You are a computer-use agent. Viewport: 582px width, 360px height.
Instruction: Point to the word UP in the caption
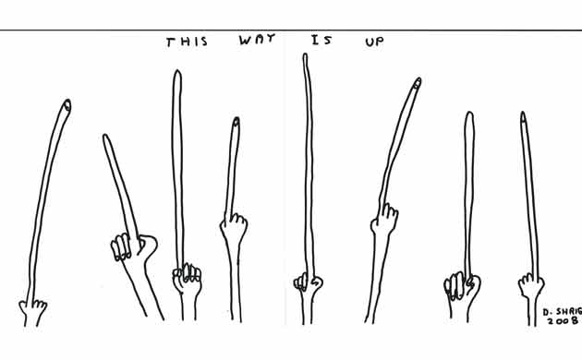(374, 42)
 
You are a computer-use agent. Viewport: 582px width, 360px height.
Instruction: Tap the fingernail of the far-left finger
(67, 105)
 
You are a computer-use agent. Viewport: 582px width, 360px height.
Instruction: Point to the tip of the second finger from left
(105, 139)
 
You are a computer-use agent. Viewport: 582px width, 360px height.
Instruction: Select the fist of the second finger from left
(127, 246)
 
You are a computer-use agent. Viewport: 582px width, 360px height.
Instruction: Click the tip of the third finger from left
(176, 74)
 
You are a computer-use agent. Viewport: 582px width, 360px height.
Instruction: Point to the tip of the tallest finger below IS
(306, 57)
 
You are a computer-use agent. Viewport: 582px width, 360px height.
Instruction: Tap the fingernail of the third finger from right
(415, 85)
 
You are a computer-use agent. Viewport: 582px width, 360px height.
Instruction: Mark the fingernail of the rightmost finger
(524, 117)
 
